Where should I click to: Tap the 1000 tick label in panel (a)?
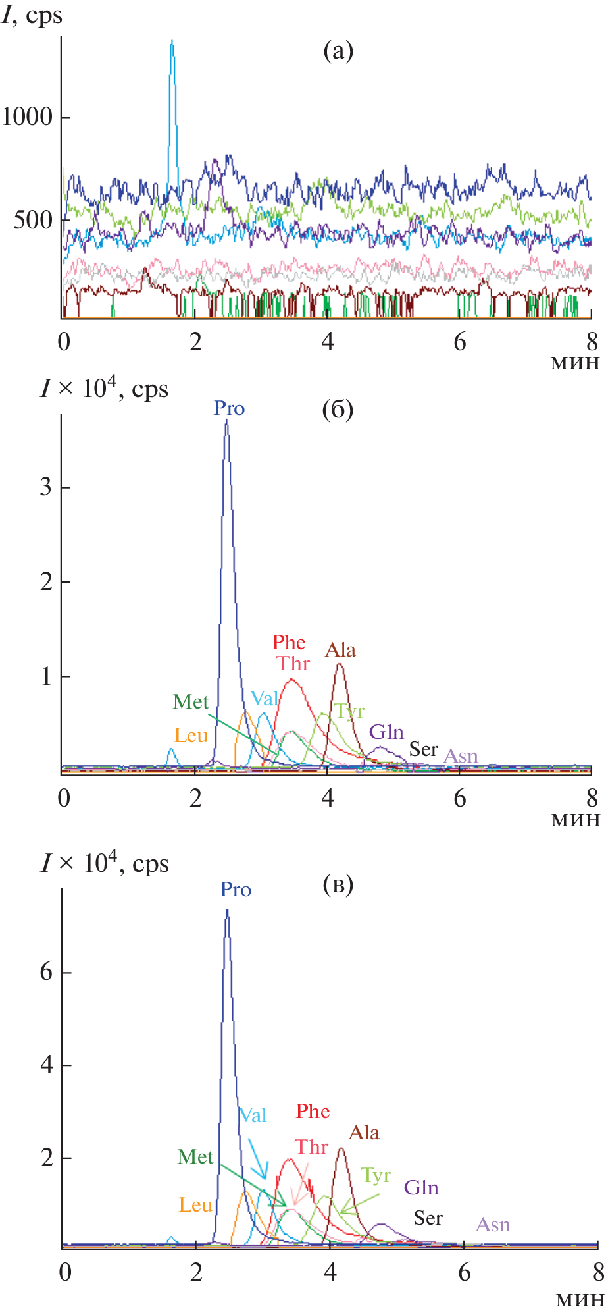[27, 117]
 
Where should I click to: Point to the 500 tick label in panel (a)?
[33, 220]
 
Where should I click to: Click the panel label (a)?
[338, 51]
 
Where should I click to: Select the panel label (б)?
[338, 410]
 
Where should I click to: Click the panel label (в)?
[338, 884]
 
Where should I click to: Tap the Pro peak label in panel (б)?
[229, 408]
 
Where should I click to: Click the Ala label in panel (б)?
[340, 650]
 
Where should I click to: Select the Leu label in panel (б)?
[191, 736]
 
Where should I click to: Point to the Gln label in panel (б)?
[386, 732]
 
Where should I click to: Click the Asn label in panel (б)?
[461, 756]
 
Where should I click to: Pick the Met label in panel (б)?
[191, 702]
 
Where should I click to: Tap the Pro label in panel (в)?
[236, 890]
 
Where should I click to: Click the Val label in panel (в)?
[253, 1115]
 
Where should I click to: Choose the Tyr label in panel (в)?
[376, 1175]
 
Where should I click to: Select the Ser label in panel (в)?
[428, 1218]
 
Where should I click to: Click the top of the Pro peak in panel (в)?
[227, 911]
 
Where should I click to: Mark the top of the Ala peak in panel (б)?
[340, 664]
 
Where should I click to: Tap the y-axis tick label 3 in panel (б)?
[45, 487]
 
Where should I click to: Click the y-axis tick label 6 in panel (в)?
[46, 972]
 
